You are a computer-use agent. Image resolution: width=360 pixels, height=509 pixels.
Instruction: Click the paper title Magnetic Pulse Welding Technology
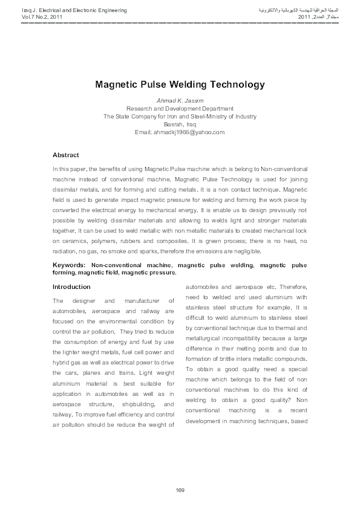coord(180,85)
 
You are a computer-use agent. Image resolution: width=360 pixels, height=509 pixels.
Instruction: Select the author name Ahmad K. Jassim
coord(180,100)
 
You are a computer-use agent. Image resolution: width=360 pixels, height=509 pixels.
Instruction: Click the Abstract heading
coord(66,155)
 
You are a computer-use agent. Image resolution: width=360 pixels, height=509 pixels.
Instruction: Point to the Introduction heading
coord(71,287)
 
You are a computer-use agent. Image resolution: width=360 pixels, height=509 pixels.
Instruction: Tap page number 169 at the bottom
coord(180,490)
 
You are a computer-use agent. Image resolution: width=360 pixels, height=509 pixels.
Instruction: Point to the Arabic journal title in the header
coord(300,11)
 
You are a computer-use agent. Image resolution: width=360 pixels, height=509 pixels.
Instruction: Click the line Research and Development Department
coord(180,108)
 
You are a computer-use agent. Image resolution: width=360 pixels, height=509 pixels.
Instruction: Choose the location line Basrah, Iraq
coord(180,124)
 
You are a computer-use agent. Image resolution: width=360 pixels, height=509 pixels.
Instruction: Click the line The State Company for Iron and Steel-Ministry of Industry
coord(180,116)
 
